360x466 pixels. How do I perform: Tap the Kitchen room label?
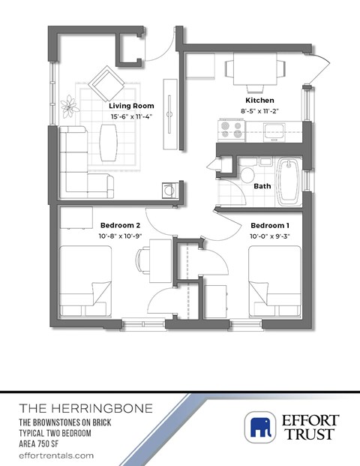259,100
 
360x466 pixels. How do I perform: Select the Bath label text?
262,186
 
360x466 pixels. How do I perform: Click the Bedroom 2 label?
121,225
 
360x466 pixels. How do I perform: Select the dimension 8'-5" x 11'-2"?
259,110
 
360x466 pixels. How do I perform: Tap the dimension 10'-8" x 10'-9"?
121,236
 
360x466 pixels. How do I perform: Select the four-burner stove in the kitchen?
231,131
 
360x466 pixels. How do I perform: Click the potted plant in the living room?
70,105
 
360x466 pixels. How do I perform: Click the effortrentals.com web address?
56,455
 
